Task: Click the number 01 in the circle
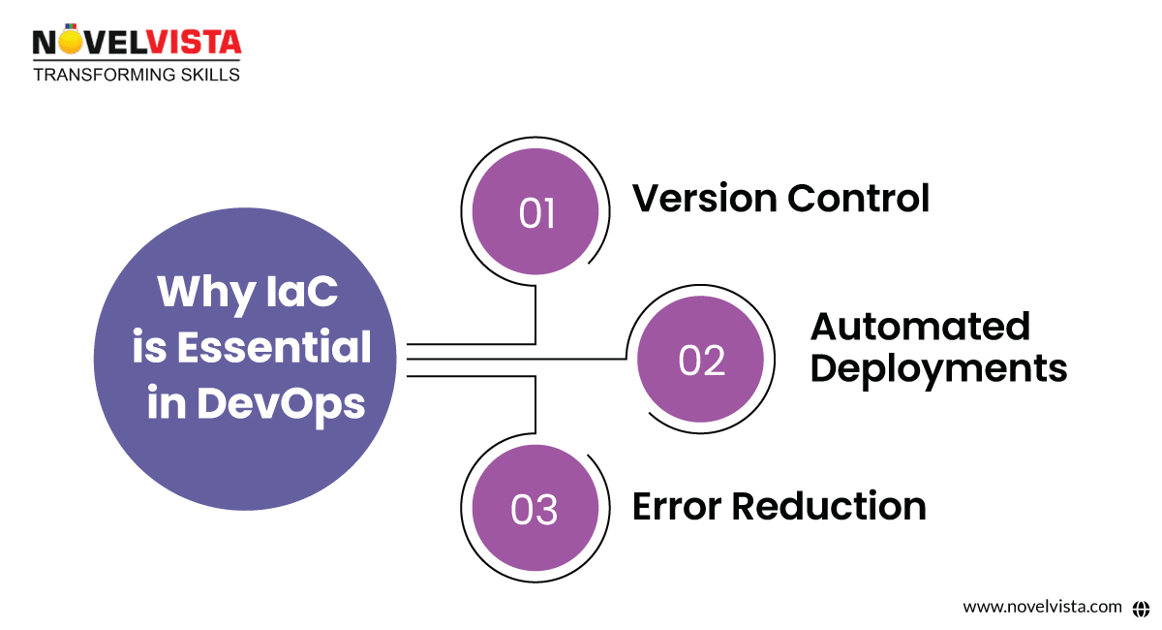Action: tap(536, 213)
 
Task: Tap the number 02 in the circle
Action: tap(701, 361)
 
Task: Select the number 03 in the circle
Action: tap(535, 510)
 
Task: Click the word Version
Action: tap(704, 198)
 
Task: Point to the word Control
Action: tap(857, 198)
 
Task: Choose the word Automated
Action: tap(920, 327)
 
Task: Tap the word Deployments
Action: tap(938, 368)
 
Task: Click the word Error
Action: tap(676, 506)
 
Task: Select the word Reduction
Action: tap(828, 506)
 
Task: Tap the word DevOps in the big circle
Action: tap(281, 403)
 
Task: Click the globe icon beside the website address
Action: tap(1140, 607)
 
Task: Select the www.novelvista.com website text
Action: tap(1042, 607)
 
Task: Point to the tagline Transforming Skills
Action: tap(136, 75)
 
